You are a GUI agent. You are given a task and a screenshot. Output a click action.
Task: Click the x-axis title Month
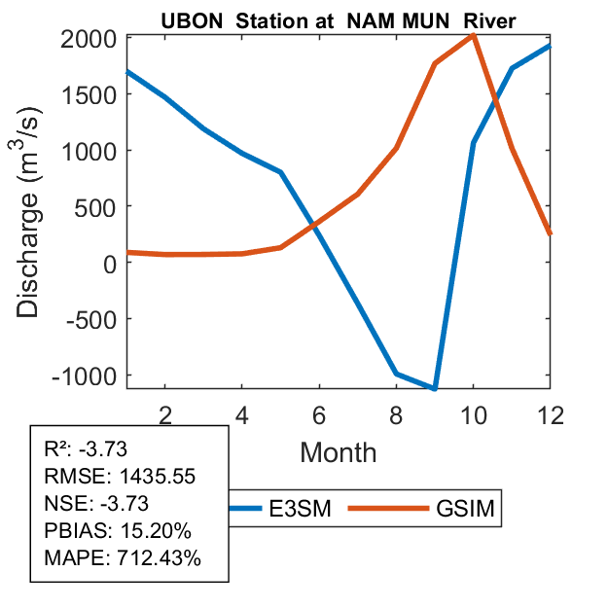[x=338, y=451]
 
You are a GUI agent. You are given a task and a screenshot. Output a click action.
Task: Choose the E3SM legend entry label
[x=303, y=508]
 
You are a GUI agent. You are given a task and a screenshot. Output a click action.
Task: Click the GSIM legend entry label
[x=463, y=508]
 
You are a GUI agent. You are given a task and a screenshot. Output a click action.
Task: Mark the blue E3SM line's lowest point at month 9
[x=434, y=388]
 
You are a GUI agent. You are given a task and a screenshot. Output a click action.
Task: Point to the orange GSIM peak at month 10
[x=473, y=35]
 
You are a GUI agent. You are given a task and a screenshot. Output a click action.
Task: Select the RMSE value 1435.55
[x=156, y=477]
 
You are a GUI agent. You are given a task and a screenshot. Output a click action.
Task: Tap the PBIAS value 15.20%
[x=155, y=531]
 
